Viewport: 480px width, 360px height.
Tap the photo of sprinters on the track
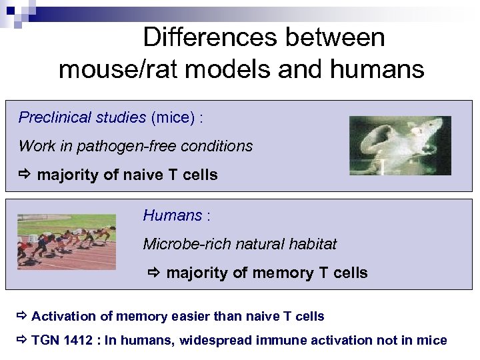67,241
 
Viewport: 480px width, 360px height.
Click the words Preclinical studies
82,118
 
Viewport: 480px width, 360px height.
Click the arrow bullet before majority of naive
25,175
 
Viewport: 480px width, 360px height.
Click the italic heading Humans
173,215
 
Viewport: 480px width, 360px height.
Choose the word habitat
313,244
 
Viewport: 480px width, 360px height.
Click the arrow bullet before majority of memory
154,273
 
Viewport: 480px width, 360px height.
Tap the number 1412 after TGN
78,341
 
